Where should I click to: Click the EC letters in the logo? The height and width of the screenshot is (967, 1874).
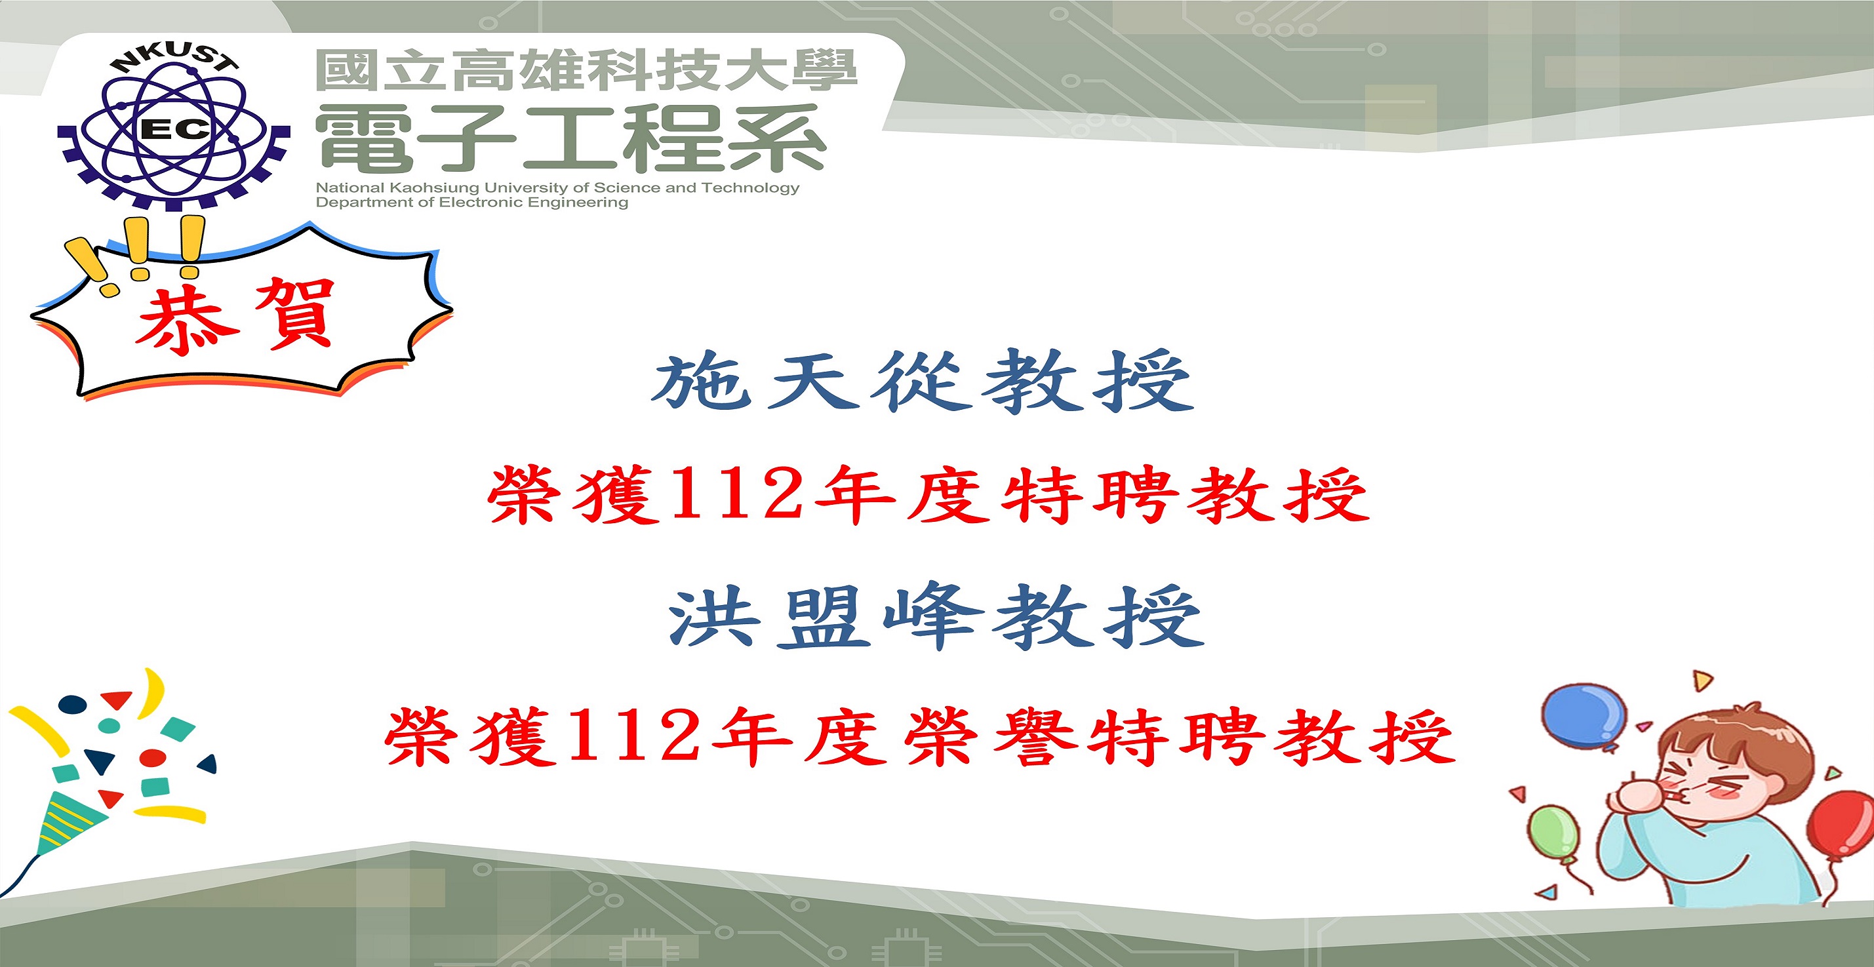tap(174, 130)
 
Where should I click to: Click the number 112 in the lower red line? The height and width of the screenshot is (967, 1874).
tap(633, 736)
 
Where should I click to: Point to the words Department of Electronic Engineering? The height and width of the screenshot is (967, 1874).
tap(471, 203)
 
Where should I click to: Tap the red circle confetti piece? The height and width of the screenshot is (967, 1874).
tap(153, 757)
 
